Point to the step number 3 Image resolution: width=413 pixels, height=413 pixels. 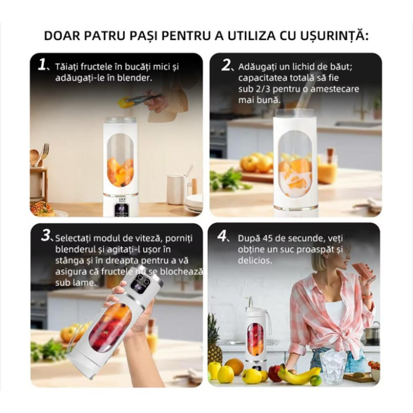[x=47, y=236]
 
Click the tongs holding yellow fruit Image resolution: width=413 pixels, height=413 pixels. [x=139, y=99]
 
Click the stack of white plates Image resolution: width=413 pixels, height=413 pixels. [x=194, y=203]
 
